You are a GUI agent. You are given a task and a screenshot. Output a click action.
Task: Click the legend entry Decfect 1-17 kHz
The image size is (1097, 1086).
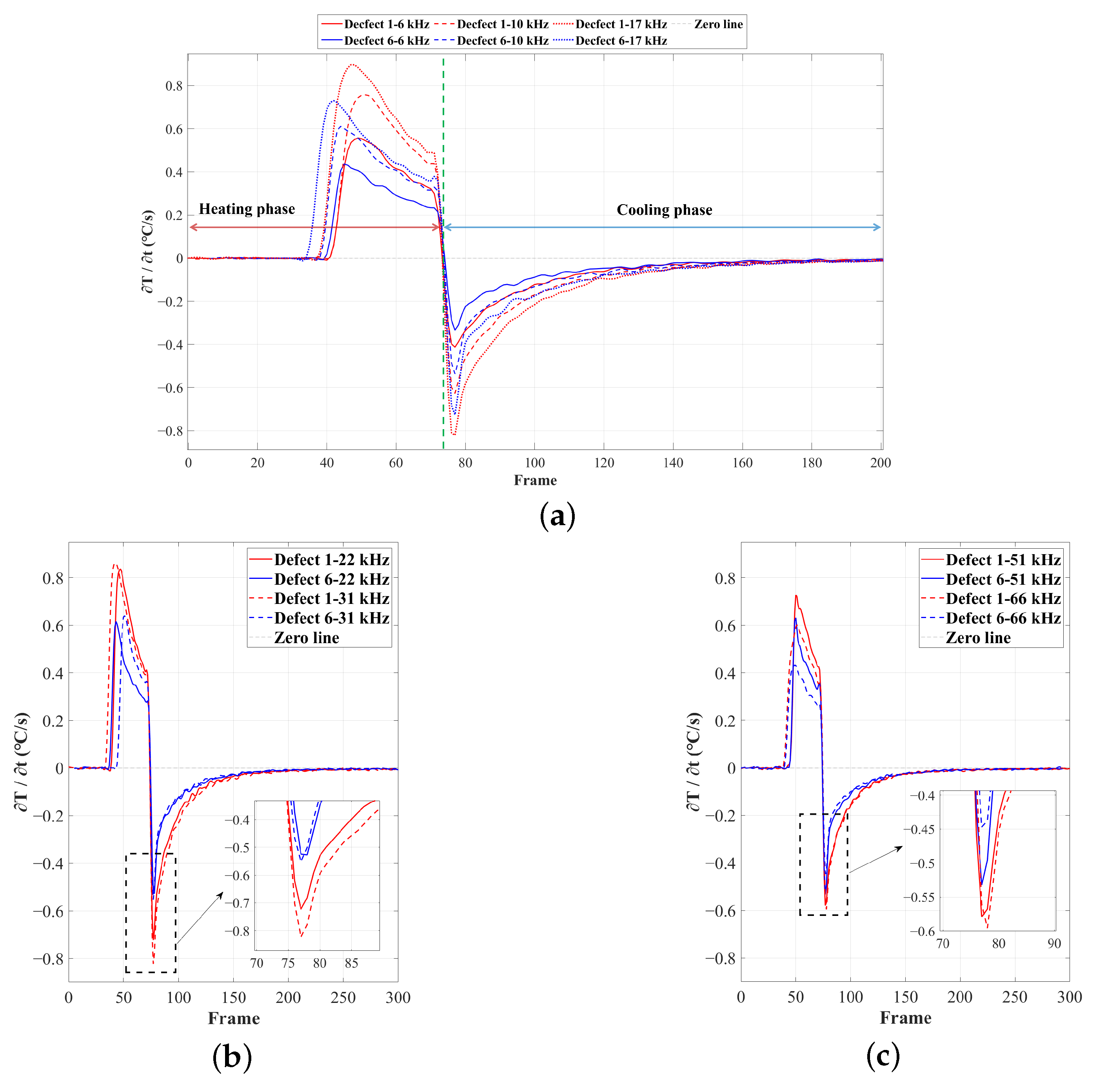coord(621,24)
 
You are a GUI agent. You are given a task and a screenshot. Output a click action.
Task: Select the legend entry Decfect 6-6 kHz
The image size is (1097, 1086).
coord(386,41)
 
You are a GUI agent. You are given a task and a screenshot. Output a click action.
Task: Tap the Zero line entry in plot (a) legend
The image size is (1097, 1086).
coord(718,24)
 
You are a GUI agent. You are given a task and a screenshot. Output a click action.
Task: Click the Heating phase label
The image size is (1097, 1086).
coord(247,209)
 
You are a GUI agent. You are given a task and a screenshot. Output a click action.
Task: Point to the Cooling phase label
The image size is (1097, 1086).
coord(664,210)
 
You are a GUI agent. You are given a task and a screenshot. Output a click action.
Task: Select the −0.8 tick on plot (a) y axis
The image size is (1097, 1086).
coord(170,431)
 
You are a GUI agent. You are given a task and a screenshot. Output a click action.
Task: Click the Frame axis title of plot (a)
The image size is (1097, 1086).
coord(535,480)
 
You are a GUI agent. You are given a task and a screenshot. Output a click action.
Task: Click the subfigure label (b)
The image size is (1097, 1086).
coord(232,1057)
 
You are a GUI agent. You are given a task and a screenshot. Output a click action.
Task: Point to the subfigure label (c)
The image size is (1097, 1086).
coord(883,1056)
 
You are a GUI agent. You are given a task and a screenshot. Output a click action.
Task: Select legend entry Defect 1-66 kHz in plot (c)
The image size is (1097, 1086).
coord(1003,599)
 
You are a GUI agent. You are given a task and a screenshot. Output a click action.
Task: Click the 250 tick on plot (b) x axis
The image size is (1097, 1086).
coord(343,998)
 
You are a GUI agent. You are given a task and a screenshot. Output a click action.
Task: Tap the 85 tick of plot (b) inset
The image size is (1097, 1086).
coord(351,963)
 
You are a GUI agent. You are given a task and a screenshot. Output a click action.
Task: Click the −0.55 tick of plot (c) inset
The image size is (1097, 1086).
coord(919,897)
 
